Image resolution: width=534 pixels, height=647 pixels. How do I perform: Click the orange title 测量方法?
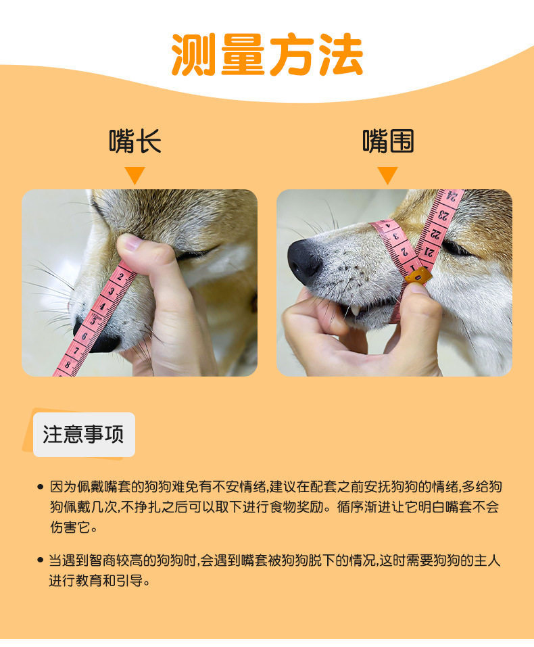tap(267, 54)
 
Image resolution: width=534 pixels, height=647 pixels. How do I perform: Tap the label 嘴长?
tap(135, 141)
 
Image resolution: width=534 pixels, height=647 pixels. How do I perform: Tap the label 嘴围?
tap(388, 141)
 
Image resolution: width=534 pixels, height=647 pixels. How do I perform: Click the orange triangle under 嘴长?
tap(135, 175)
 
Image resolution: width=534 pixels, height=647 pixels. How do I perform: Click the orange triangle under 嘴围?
tap(387, 175)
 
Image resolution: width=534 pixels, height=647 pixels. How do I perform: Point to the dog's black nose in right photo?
tap(304, 262)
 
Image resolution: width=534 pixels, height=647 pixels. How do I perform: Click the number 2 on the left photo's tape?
tap(120, 276)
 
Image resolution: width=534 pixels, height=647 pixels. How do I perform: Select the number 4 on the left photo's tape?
tap(103, 306)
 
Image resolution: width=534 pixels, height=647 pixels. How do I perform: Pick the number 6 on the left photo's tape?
tap(84, 336)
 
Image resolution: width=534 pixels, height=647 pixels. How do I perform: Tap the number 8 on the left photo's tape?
tap(68, 364)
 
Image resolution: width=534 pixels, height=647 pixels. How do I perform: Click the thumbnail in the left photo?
tap(130, 242)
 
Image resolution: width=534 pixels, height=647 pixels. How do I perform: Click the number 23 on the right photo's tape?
tap(444, 215)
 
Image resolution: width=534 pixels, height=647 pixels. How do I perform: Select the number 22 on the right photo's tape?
tap(436, 233)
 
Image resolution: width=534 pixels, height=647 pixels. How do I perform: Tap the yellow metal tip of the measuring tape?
tap(418, 276)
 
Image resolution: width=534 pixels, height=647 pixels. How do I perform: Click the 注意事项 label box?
tap(84, 435)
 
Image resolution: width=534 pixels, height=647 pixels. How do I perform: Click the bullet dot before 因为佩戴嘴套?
tap(41, 487)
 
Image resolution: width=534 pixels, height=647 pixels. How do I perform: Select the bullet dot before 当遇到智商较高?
tap(41, 560)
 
